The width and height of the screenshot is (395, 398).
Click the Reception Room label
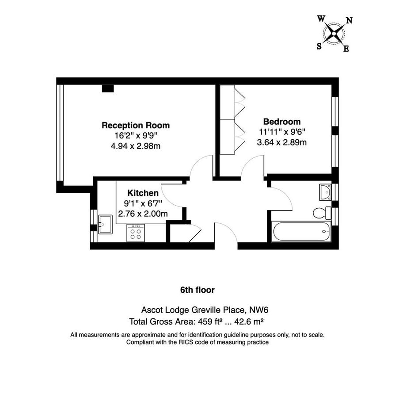136,125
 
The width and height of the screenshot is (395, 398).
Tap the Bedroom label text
282,122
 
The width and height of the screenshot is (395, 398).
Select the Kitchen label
143,193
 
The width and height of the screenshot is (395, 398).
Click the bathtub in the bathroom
300,232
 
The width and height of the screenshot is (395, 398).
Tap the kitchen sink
105,224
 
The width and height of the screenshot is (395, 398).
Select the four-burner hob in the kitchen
135,233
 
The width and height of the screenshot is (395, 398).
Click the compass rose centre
334,33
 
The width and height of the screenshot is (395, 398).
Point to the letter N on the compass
349,20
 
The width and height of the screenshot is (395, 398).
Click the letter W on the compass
321,19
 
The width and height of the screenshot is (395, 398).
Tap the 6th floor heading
197,290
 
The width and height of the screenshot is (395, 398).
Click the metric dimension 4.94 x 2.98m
136,146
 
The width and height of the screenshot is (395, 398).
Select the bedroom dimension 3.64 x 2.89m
282,142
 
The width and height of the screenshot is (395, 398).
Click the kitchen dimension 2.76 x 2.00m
143,214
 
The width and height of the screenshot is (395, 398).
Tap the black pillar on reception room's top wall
108,88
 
